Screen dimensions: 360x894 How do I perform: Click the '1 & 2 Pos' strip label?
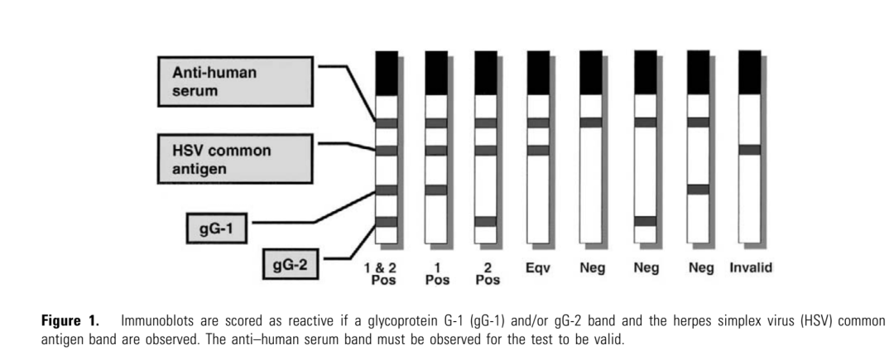[x=387, y=273]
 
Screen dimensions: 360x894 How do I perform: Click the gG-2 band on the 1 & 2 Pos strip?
[x=387, y=221]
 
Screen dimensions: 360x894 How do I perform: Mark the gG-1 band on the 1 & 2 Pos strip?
[x=387, y=190]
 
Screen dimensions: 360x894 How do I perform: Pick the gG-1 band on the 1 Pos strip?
[x=436, y=190]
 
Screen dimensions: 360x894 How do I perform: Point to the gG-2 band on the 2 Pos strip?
[x=486, y=221]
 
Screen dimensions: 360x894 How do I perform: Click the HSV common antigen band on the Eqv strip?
[x=538, y=150]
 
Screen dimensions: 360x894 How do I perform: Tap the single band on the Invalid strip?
[x=750, y=149]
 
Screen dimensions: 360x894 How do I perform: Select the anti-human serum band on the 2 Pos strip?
[x=486, y=122]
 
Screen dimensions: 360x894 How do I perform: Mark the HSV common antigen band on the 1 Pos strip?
[x=436, y=150]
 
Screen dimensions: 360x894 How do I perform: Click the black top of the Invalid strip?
[x=750, y=72]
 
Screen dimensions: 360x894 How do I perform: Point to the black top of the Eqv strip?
[x=538, y=72]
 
